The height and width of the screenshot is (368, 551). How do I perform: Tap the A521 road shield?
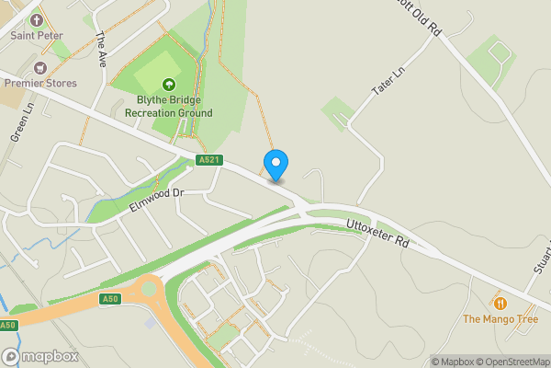pos(209,160)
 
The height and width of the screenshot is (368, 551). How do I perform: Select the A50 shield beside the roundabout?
pos(110,299)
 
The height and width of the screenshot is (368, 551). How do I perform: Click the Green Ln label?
pos(22,121)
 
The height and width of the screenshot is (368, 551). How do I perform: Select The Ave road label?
pos(101,50)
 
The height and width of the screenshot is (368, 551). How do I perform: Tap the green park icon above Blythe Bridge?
pos(169,84)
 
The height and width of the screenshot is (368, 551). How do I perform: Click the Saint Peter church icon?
pos(37,18)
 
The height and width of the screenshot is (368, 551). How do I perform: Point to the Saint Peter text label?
pos(37,35)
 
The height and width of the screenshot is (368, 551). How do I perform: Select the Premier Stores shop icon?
pos(39,67)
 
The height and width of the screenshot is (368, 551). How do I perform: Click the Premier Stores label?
pos(40,83)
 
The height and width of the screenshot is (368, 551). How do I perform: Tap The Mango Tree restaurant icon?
pos(500,303)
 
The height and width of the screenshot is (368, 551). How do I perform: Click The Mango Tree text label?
pos(500,319)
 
